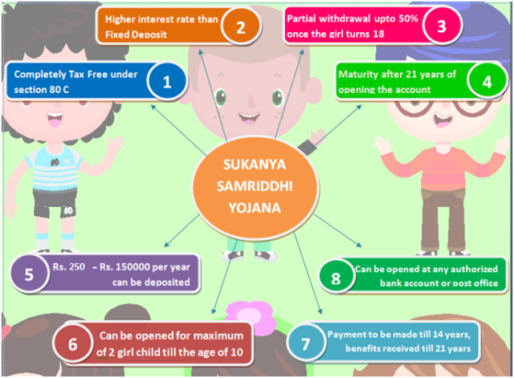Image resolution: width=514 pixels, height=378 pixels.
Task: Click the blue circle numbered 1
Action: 167,81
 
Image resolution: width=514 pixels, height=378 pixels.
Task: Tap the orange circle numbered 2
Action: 241,26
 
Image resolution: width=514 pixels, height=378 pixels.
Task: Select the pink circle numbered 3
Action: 442,26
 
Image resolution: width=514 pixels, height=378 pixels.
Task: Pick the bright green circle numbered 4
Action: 487,81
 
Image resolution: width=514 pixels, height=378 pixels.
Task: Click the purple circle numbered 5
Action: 29,274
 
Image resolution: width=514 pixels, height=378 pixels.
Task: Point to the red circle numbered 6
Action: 72,343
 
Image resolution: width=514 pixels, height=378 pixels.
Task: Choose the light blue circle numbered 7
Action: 305,343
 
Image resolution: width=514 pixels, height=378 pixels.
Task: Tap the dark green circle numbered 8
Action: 336,278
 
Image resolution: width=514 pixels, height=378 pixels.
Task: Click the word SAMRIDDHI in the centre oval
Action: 255,186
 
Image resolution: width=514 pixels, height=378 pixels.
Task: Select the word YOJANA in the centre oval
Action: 255,208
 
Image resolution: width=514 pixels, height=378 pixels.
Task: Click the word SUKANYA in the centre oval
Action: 255,164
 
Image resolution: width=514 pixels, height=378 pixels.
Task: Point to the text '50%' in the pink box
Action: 408,18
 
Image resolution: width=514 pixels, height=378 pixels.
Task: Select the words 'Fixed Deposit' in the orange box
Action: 136,35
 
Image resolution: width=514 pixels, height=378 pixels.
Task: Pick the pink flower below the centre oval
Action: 251,314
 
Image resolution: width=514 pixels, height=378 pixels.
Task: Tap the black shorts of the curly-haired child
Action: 55,204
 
